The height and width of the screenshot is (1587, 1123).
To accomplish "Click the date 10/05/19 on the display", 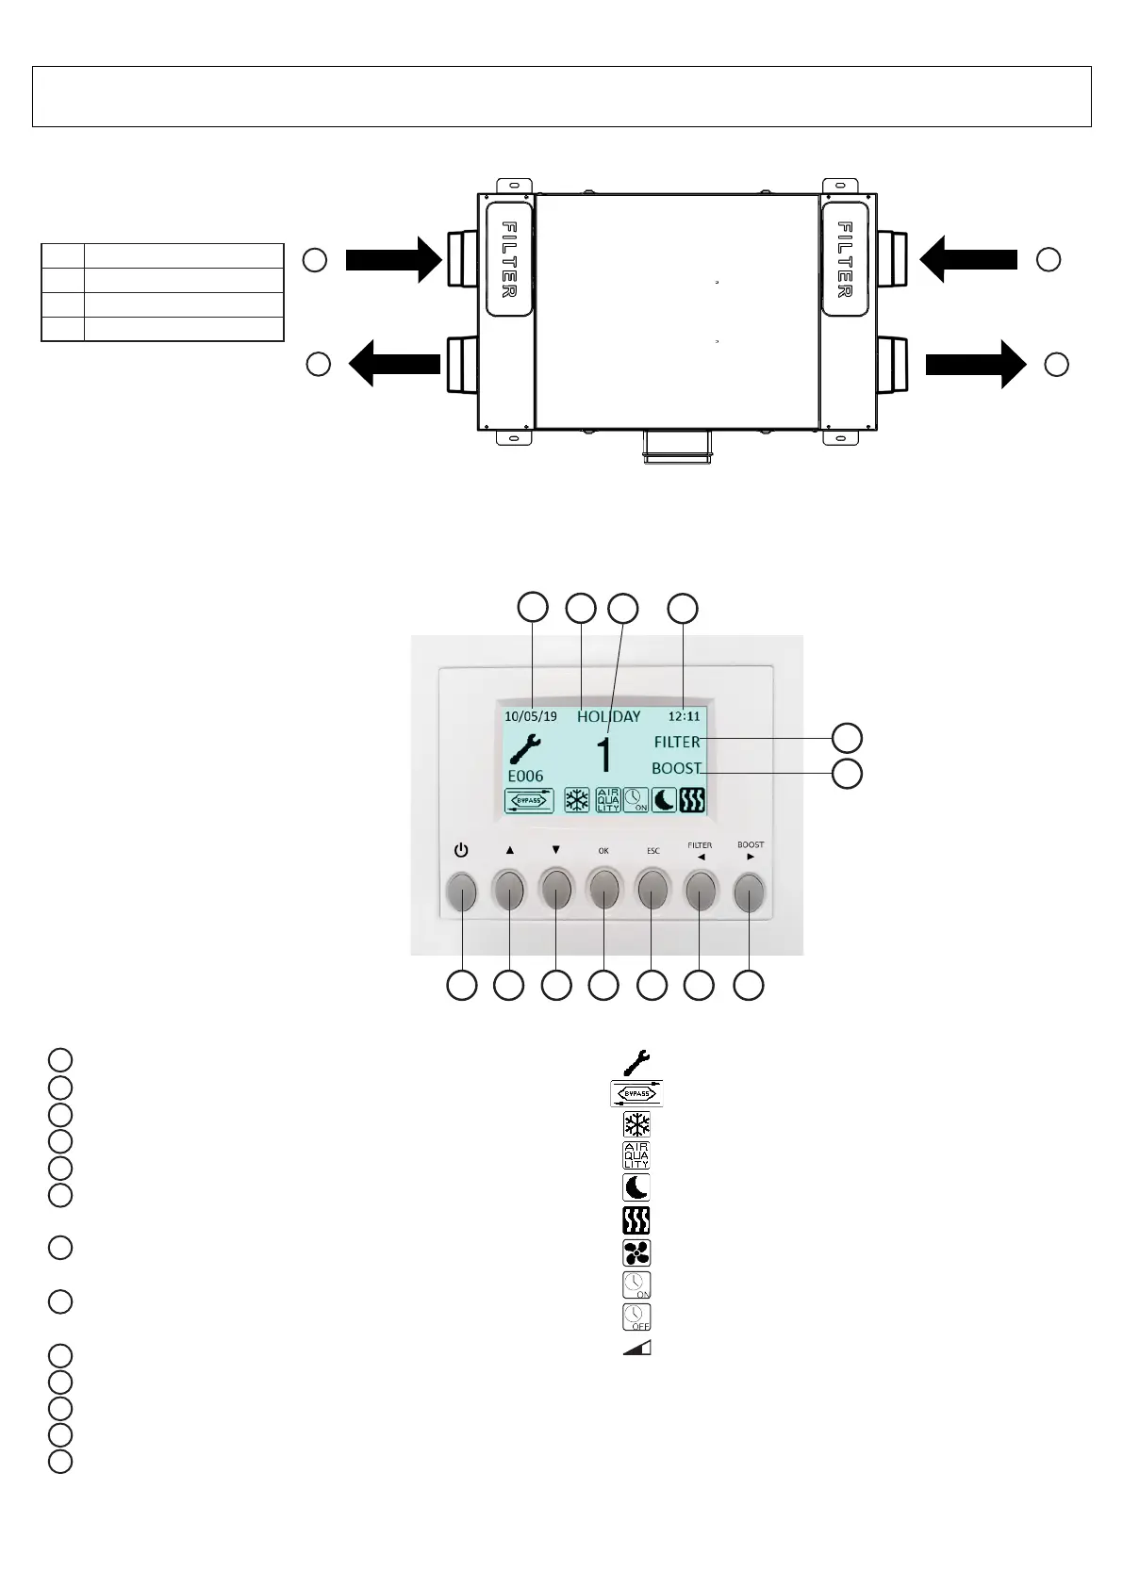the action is pyautogui.click(x=531, y=716).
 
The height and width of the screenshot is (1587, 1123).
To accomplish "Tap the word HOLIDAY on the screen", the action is pyautogui.click(x=608, y=716).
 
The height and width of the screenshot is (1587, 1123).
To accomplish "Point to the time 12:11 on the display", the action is pyautogui.click(x=685, y=716).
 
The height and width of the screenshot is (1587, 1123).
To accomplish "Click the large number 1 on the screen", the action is pyautogui.click(x=604, y=757).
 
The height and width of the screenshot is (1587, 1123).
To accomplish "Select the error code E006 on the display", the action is pyautogui.click(x=525, y=777).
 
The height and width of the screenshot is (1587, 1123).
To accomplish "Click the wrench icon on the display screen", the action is pyautogui.click(x=525, y=747).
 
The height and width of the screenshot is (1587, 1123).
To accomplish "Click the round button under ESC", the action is pyautogui.click(x=652, y=891).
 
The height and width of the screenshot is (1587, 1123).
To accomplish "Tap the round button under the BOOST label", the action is pyautogui.click(x=750, y=891).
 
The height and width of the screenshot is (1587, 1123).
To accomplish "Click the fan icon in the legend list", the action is pyautogui.click(x=637, y=1253).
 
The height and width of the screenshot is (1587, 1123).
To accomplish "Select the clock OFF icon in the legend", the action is pyautogui.click(x=637, y=1317).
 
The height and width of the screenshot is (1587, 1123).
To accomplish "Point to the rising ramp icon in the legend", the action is pyautogui.click(x=637, y=1348).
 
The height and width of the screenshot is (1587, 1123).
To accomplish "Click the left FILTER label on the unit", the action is pyautogui.click(x=509, y=259).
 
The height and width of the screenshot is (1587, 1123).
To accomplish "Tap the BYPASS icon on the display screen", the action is pyautogui.click(x=529, y=801).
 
